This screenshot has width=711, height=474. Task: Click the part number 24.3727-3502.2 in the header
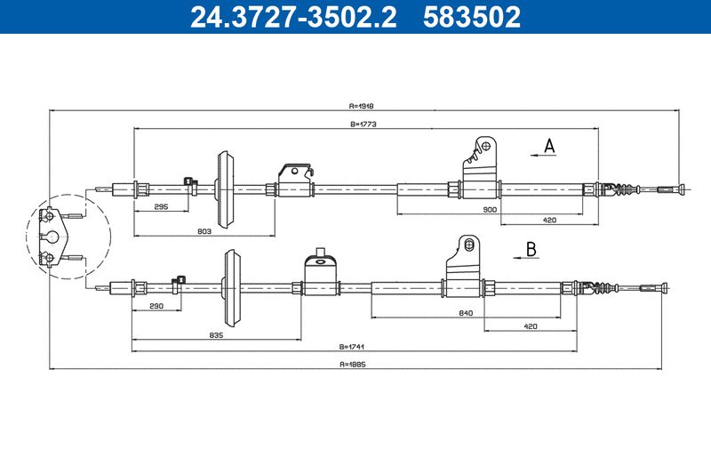pyautogui.click(x=293, y=17)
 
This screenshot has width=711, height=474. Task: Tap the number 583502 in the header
pyautogui.click(x=472, y=17)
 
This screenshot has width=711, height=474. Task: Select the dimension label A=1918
pyautogui.click(x=362, y=106)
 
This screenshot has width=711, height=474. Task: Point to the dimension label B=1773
pyautogui.click(x=363, y=124)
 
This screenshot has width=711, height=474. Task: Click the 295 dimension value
pyautogui.click(x=161, y=206)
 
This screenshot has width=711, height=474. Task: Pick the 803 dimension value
pyautogui.click(x=204, y=231)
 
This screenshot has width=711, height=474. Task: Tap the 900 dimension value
pyautogui.click(x=490, y=210)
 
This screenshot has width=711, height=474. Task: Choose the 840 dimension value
pyautogui.click(x=466, y=313)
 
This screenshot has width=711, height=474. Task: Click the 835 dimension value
pyautogui.click(x=216, y=335)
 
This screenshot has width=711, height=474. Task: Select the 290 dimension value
pyautogui.click(x=156, y=306)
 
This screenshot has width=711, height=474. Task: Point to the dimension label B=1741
pyautogui.click(x=352, y=347)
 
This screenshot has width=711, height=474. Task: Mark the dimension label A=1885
pyautogui.click(x=352, y=364)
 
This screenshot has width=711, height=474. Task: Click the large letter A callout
pyautogui.click(x=549, y=146)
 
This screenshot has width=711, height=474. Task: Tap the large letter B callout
pyautogui.click(x=531, y=249)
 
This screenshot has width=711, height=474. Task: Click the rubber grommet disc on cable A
pyautogui.click(x=225, y=189)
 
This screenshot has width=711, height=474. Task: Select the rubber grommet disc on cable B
pyautogui.click(x=231, y=287)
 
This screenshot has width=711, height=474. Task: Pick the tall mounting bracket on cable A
pyautogui.click(x=480, y=167)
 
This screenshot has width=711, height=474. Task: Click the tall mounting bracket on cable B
pyautogui.click(x=462, y=266)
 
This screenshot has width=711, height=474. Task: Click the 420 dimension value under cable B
pyautogui.click(x=530, y=326)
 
